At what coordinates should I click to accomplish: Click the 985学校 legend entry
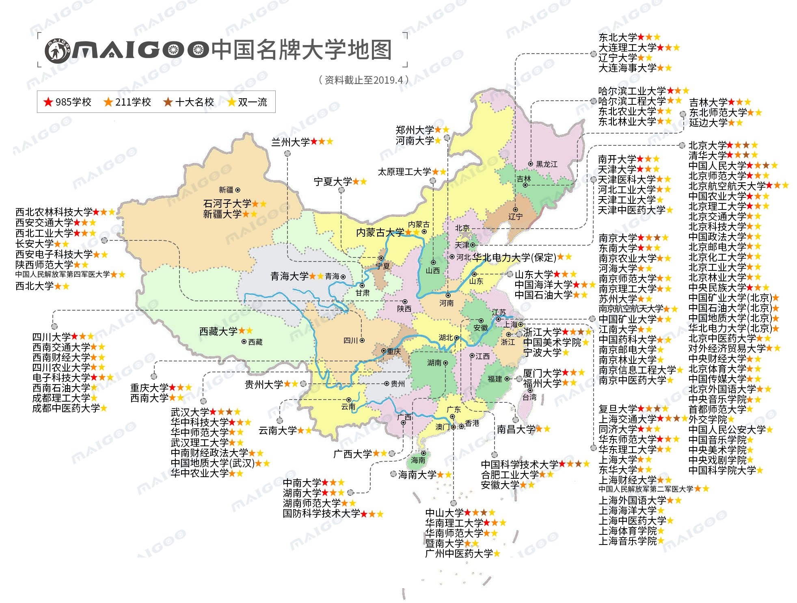pos(67,102)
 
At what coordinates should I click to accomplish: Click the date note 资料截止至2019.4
pos(363,80)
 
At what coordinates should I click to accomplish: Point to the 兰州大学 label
pos(290,142)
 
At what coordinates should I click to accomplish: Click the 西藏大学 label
pos(218,331)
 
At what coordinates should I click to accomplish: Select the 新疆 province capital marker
pos(238,190)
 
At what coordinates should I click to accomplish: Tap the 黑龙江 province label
pos(546,164)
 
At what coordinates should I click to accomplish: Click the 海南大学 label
pos(417,474)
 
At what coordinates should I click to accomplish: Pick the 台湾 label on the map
pos(529,397)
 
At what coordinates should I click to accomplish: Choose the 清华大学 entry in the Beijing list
pos(707,155)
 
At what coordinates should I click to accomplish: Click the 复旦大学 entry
pos(618,408)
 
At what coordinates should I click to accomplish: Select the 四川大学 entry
pos(52,337)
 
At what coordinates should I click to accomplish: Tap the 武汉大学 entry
pos(190,412)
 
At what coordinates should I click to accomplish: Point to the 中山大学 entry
pos(444,513)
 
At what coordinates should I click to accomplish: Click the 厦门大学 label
pos(542,373)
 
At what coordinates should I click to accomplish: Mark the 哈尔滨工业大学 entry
pos(632,91)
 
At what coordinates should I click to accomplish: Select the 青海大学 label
pos(289,276)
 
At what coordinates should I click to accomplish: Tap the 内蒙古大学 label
pos(380,232)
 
